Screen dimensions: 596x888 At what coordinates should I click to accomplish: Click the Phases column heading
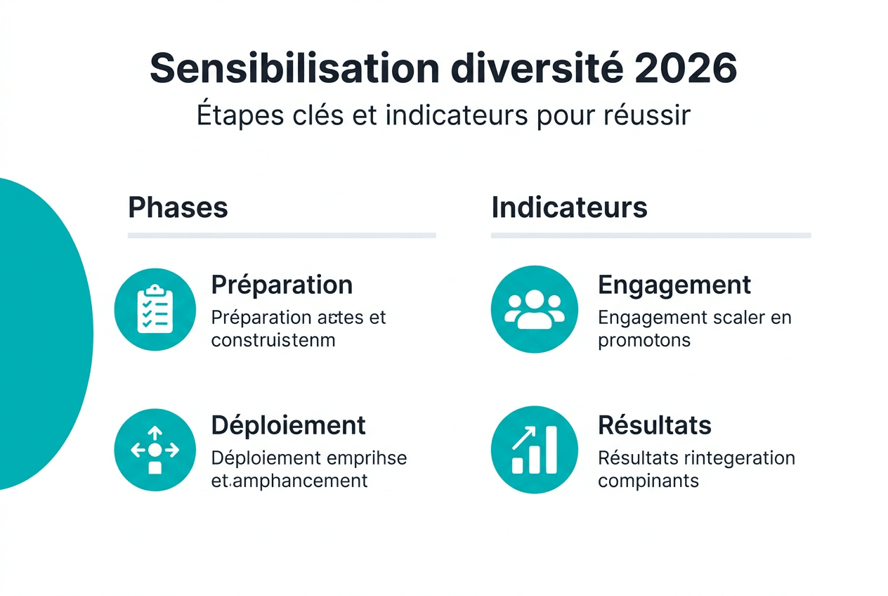(178, 208)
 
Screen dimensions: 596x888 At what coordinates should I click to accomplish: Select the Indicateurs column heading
(569, 208)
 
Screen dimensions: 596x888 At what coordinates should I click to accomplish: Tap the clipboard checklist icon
(155, 309)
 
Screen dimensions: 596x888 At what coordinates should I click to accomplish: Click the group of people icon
(535, 309)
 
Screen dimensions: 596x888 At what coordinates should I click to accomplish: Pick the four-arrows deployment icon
(155, 450)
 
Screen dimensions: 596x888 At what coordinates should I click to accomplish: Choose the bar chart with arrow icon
(535, 450)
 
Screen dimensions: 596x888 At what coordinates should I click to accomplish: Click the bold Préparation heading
(282, 285)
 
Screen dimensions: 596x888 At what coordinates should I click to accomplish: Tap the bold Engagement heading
(674, 285)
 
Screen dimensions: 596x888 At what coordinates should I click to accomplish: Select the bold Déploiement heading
(288, 425)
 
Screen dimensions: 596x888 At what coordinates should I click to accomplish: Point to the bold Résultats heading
(654, 425)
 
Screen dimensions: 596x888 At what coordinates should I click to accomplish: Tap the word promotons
(644, 341)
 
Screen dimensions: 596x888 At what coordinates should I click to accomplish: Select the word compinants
(648, 481)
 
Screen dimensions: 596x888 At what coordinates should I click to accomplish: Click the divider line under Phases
(282, 235)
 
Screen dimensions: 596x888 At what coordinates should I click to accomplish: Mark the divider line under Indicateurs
(651, 235)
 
